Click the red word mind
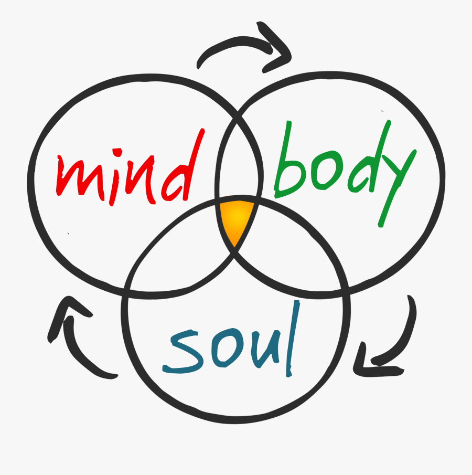(x=130, y=170)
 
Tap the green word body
(x=345, y=173)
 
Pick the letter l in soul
(x=293, y=339)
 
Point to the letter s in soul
(x=181, y=352)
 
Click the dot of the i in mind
(x=117, y=152)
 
